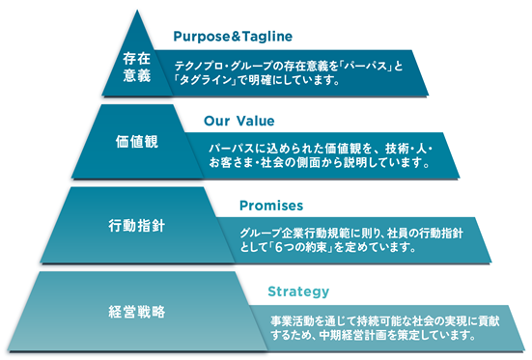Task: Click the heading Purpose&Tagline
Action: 233,37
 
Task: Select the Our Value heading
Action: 239,121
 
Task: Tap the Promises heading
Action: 271,206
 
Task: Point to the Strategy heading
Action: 298,291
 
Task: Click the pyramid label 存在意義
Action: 137,67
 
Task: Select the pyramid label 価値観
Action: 137,142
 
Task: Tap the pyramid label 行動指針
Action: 137,226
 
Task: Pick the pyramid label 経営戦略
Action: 137,312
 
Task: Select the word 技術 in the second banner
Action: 396,149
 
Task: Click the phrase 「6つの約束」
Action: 299,247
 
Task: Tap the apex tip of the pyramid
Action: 137,11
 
